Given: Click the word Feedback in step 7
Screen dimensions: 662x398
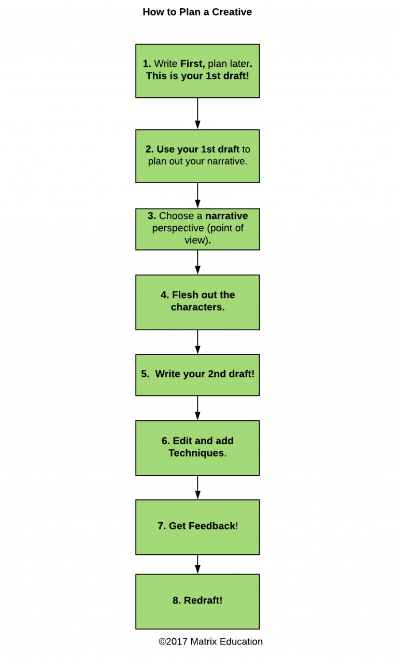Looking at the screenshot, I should (212, 526).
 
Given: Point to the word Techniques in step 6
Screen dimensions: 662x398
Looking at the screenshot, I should (196, 453).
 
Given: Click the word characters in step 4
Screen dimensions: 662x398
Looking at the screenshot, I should (197, 307).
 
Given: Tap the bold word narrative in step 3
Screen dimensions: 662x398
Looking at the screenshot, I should (226, 216).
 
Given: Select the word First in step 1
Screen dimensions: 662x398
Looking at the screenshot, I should (192, 64).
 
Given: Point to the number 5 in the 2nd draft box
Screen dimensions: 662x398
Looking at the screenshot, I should (145, 374).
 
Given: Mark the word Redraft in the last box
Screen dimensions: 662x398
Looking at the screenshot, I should (203, 601).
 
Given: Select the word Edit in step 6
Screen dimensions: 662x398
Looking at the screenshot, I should (182, 441).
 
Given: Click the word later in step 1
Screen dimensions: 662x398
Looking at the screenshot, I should (240, 64).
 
